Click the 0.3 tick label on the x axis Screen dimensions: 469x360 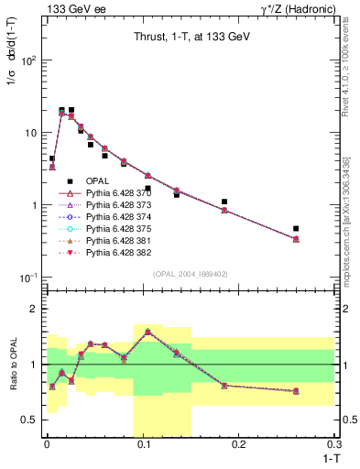334,444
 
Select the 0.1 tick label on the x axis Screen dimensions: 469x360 142,444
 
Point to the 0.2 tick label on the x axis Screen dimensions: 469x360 238,444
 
